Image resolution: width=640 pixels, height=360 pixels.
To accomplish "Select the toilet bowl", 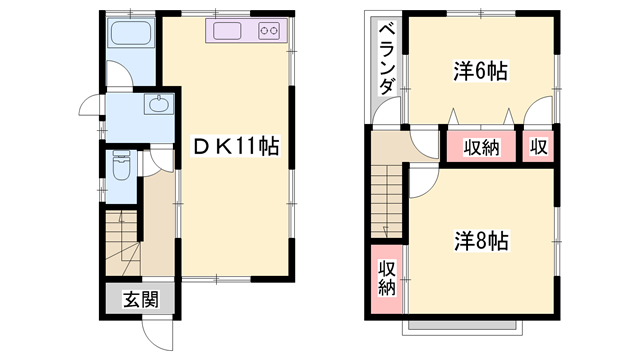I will coord(121,166).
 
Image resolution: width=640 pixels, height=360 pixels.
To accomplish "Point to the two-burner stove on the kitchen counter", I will coord(269,31).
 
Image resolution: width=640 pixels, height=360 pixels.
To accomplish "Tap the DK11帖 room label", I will coord(236,147).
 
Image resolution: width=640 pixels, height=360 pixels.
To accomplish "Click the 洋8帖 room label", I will coord(482,241).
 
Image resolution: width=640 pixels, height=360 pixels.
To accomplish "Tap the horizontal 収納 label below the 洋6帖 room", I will coord(482,147).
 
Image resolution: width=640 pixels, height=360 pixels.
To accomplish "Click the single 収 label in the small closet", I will coord(539,147).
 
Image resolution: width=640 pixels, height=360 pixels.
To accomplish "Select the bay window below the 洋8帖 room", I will coord(463,327).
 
